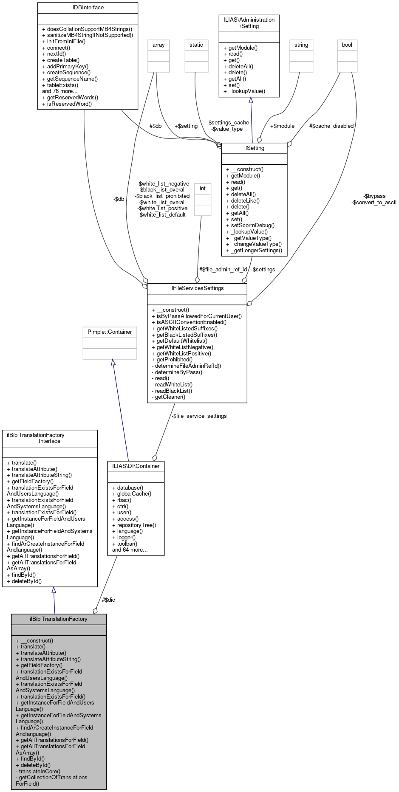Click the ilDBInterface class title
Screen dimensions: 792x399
pyautogui.click(x=88, y=8)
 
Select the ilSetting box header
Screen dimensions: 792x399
pyautogui.click(x=254, y=148)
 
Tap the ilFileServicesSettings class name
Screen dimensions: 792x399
pyautogui.click(x=197, y=288)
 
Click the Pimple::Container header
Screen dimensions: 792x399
pyautogui.click(x=110, y=332)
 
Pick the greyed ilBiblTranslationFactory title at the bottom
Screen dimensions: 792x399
pyautogui.click(x=59, y=619)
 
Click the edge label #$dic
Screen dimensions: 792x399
pyautogui.click(x=108, y=600)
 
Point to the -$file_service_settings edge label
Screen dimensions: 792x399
pyautogui.click(x=199, y=416)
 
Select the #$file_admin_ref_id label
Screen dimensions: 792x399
pyautogui.click(x=223, y=270)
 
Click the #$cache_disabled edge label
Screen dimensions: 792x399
pyautogui.click(x=331, y=126)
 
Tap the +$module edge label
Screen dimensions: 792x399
pyautogui.click(x=282, y=126)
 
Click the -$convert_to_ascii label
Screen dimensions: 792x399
pyautogui.click(x=374, y=203)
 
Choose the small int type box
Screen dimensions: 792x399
pyautogui.click(x=203, y=189)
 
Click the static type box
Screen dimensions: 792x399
pyautogui.click(x=196, y=45)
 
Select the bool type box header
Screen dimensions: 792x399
pyautogui.click(x=347, y=45)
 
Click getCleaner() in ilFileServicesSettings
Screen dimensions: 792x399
pyautogui.click(x=170, y=397)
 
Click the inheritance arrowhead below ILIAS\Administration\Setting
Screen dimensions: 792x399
pyautogui.click(x=251, y=100)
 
